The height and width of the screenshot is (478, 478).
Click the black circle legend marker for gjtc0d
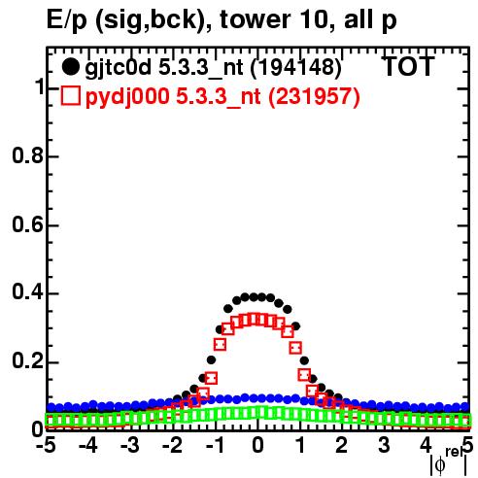(70, 67)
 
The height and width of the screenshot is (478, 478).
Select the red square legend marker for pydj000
(70, 96)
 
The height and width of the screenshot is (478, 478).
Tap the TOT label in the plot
(408, 67)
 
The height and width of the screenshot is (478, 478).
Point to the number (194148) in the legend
(296, 67)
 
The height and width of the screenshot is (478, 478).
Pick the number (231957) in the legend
(314, 96)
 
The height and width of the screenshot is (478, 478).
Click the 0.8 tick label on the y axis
(27, 155)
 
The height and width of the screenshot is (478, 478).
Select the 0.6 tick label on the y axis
(27, 224)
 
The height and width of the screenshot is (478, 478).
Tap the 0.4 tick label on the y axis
(27, 291)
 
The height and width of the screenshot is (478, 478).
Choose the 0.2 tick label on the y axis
(27, 360)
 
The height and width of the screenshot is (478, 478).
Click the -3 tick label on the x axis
(130, 445)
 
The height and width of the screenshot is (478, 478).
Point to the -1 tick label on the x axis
(215, 445)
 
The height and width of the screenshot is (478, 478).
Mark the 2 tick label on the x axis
(342, 445)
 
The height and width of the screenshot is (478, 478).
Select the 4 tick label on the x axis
(426, 445)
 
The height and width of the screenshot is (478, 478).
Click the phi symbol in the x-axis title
(440, 465)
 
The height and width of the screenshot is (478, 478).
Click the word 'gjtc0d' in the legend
(118, 68)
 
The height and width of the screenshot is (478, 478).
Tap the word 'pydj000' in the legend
(127, 97)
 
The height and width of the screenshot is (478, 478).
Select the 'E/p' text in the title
(67, 20)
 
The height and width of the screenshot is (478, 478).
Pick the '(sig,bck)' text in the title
(154, 20)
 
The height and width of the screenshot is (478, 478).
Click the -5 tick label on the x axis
(47, 445)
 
